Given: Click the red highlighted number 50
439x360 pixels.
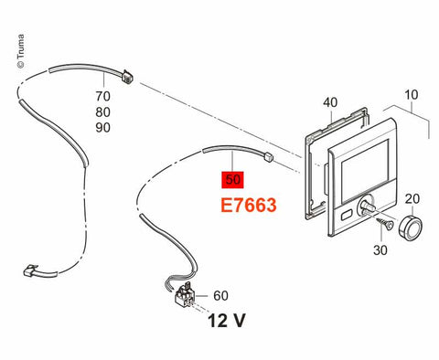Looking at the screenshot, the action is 233,179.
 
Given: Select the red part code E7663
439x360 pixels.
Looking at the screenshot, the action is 249,205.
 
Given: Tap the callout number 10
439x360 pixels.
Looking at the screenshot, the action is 411,95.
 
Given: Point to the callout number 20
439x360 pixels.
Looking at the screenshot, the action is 412,199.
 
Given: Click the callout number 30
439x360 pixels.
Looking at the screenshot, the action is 380,250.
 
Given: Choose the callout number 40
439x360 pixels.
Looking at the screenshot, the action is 330,102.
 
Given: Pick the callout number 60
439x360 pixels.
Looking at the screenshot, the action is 220,295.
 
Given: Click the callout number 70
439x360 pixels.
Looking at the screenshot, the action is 102,96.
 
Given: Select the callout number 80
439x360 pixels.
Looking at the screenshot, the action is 102,112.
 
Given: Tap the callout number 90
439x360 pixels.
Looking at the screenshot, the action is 102,128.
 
